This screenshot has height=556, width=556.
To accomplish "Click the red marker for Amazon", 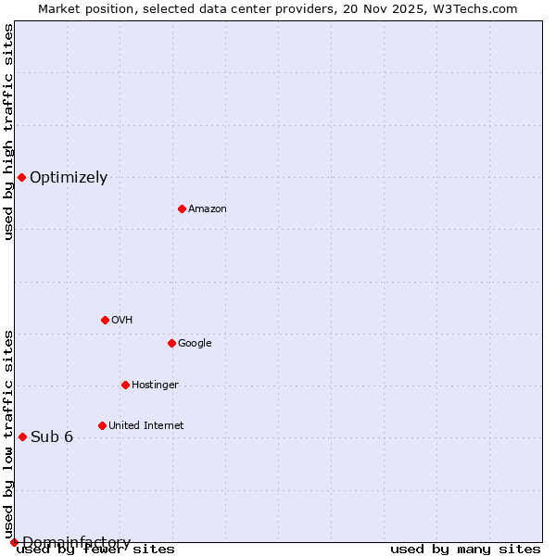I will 182,208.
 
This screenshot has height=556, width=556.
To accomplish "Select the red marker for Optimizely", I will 21,177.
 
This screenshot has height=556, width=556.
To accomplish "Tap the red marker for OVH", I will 105,320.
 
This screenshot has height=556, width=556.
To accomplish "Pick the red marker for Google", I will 171,343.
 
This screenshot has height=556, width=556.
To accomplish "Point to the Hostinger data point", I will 125,385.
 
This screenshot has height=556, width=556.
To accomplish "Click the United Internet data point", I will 102,425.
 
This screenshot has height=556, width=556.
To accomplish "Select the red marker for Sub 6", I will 22,436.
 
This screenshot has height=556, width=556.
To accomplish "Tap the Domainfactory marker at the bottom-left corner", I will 14,542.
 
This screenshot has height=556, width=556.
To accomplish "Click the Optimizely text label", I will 69,178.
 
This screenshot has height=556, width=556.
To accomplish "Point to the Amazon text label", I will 208,209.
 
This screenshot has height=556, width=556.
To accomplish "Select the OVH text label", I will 122,321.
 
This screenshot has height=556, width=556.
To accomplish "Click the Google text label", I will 195,344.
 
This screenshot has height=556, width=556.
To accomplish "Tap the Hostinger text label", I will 155,385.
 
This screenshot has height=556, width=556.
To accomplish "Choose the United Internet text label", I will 146,426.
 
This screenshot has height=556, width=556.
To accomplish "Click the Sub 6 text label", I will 52,437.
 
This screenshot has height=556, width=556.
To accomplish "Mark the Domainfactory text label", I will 76,542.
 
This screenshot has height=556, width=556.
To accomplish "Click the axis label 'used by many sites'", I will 465,550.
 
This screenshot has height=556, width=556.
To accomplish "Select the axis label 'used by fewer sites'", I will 95,550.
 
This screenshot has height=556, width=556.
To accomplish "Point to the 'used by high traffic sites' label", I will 8,132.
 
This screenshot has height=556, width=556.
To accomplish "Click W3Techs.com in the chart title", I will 480,8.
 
